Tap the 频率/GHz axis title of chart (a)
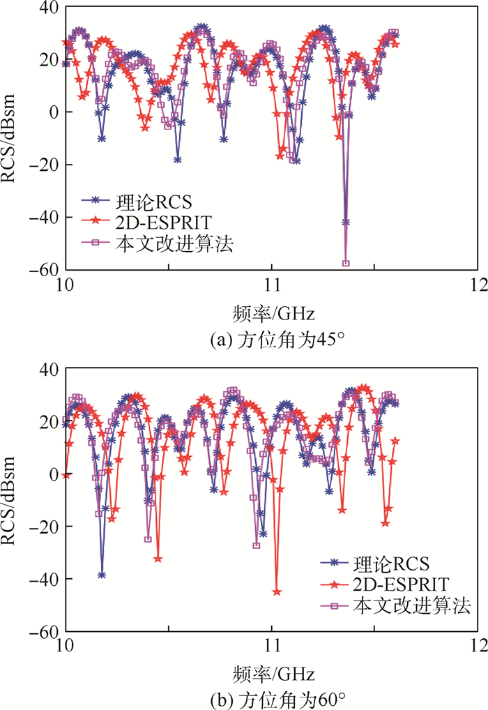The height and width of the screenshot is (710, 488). click(x=272, y=310)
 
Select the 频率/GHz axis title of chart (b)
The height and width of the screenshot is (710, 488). click(x=272, y=674)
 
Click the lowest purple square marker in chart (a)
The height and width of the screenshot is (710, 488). click(x=346, y=263)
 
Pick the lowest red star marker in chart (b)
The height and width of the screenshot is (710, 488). click(x=277, y=591)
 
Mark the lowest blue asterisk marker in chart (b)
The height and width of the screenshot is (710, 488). click(x=102, y=575)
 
